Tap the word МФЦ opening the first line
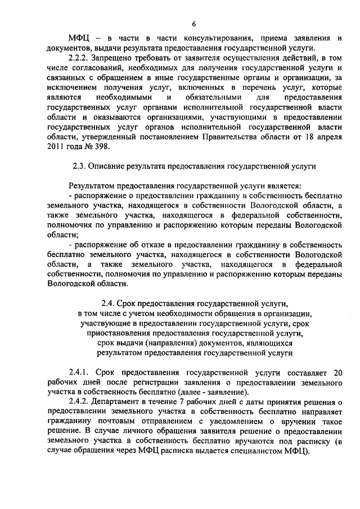[79, 38]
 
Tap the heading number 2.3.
[80, 167]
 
